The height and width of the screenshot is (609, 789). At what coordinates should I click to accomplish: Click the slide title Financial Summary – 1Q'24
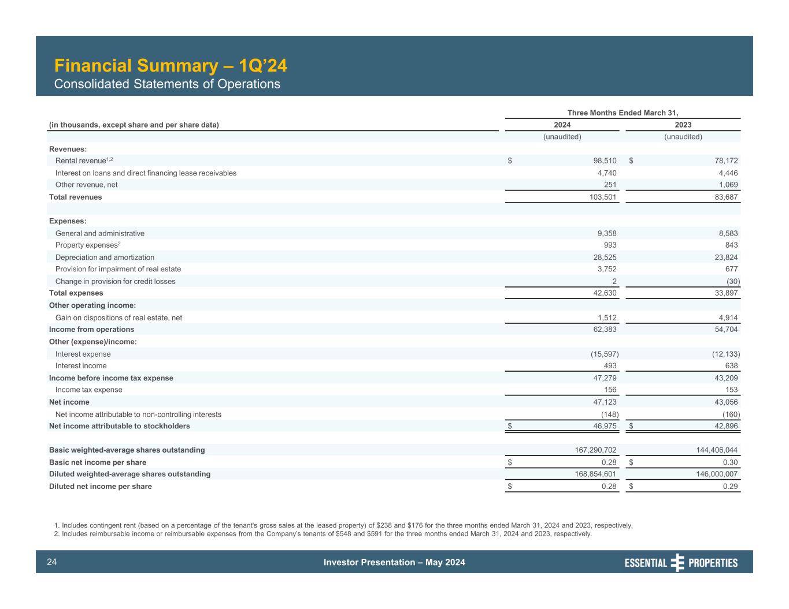coord(170,66)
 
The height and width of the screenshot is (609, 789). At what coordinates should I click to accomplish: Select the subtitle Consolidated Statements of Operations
coord(167,84)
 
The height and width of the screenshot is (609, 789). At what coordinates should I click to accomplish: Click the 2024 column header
coord(562,125)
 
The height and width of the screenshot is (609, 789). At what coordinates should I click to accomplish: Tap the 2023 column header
coord(683,125)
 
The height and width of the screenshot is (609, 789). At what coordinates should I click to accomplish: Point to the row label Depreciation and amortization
coord(105,257)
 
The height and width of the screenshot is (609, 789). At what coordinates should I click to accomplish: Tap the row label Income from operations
coord(91,330)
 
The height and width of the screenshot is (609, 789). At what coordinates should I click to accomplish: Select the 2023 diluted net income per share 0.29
coord(730,487)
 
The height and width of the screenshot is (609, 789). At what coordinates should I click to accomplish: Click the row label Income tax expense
coord(88,390)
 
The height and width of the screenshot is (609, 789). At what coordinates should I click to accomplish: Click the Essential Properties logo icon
coord(677,563)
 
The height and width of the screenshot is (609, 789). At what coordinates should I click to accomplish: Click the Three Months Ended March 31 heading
coord(623,113)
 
